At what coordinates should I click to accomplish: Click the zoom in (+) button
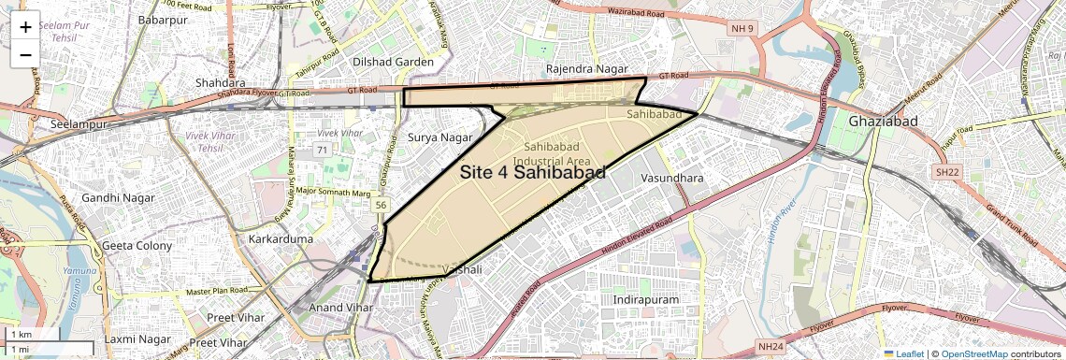(25, 27)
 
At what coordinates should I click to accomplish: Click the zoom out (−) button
(25, 54)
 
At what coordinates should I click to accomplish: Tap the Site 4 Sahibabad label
(532, 172)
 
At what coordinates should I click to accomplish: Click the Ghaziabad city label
(884, 122)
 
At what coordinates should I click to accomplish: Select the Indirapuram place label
(645, 298)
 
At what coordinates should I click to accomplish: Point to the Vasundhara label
(672, 177)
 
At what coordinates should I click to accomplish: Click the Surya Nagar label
(440, 137)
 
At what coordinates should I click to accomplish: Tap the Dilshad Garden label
(393, 62)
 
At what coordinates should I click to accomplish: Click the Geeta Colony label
(137, 246)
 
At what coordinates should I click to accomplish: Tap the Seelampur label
(65, 124)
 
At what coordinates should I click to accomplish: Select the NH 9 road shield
(742, 29)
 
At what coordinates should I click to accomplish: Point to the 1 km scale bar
(47, 334)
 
